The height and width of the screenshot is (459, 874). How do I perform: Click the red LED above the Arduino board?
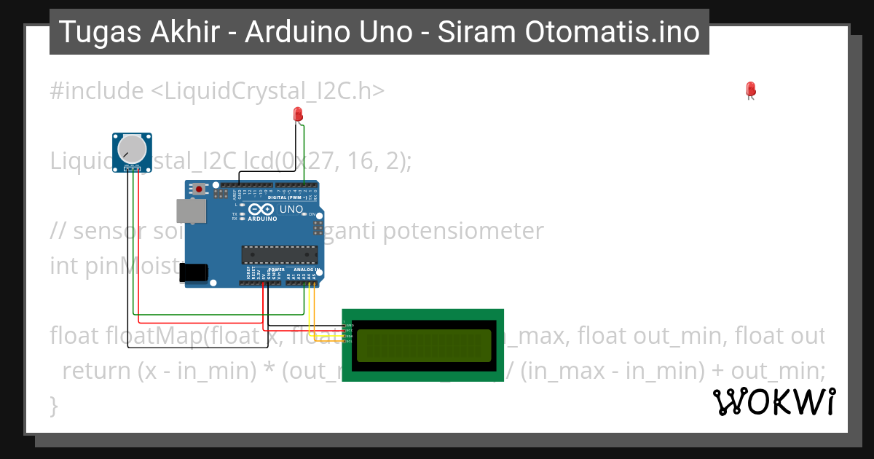pyautogui.click(x=298, y=114)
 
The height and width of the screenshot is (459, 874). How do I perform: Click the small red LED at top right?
pyautogui.click(x=751, y=90)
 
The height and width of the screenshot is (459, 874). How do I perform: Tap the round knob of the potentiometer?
pyautogui.click(x=132, y=149)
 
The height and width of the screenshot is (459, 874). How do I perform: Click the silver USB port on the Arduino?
pyautogui.click(x=191, y=211)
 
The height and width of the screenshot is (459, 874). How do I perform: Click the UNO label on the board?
pyautogui.click(x=291, y=210)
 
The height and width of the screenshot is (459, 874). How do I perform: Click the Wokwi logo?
pyautogui.click(x=774, y=401)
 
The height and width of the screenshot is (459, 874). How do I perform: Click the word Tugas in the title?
pyautogui.click(x=92, y=32)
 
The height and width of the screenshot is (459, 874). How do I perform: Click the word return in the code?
pyautogui.click(x=97, y=371)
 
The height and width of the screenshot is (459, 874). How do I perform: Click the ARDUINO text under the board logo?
pyautogui.click(x=263, y=219)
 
